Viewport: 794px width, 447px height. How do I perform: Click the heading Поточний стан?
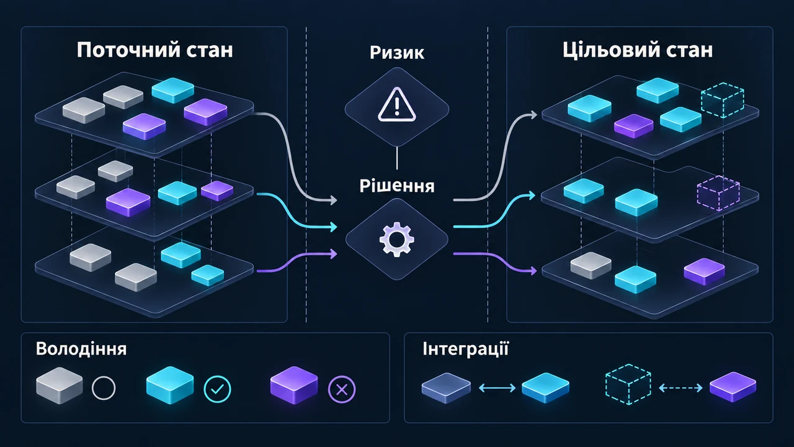[155, 50]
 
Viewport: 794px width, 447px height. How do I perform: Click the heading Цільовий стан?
[638, 50]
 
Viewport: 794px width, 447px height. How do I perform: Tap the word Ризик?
[396, 53]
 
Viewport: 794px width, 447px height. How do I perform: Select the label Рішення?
[397, 186]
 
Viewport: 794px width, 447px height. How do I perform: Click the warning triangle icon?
[397, 105]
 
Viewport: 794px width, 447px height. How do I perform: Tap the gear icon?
[396, 239]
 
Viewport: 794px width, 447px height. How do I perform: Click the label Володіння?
[81, 349]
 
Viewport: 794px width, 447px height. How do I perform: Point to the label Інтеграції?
[465, 349]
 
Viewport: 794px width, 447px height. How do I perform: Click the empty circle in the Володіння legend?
[104, 389]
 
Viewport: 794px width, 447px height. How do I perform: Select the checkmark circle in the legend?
[217, 389]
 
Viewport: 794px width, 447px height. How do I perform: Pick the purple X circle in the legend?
[342, 390]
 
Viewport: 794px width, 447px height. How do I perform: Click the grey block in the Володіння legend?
[60, 386]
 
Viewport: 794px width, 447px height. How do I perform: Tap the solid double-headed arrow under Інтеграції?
[497, 388]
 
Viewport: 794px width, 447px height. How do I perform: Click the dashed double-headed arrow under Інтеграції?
[680, 388]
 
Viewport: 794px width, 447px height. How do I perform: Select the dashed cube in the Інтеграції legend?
[628, 384]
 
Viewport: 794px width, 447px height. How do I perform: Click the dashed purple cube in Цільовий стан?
[718, 193]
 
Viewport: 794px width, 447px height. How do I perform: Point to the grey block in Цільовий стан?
[591, 265]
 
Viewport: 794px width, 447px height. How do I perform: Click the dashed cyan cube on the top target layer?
[723, 100]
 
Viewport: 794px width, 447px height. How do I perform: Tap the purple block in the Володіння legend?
[294, 386]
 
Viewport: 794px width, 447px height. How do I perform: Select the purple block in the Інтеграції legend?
[733, 387]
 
